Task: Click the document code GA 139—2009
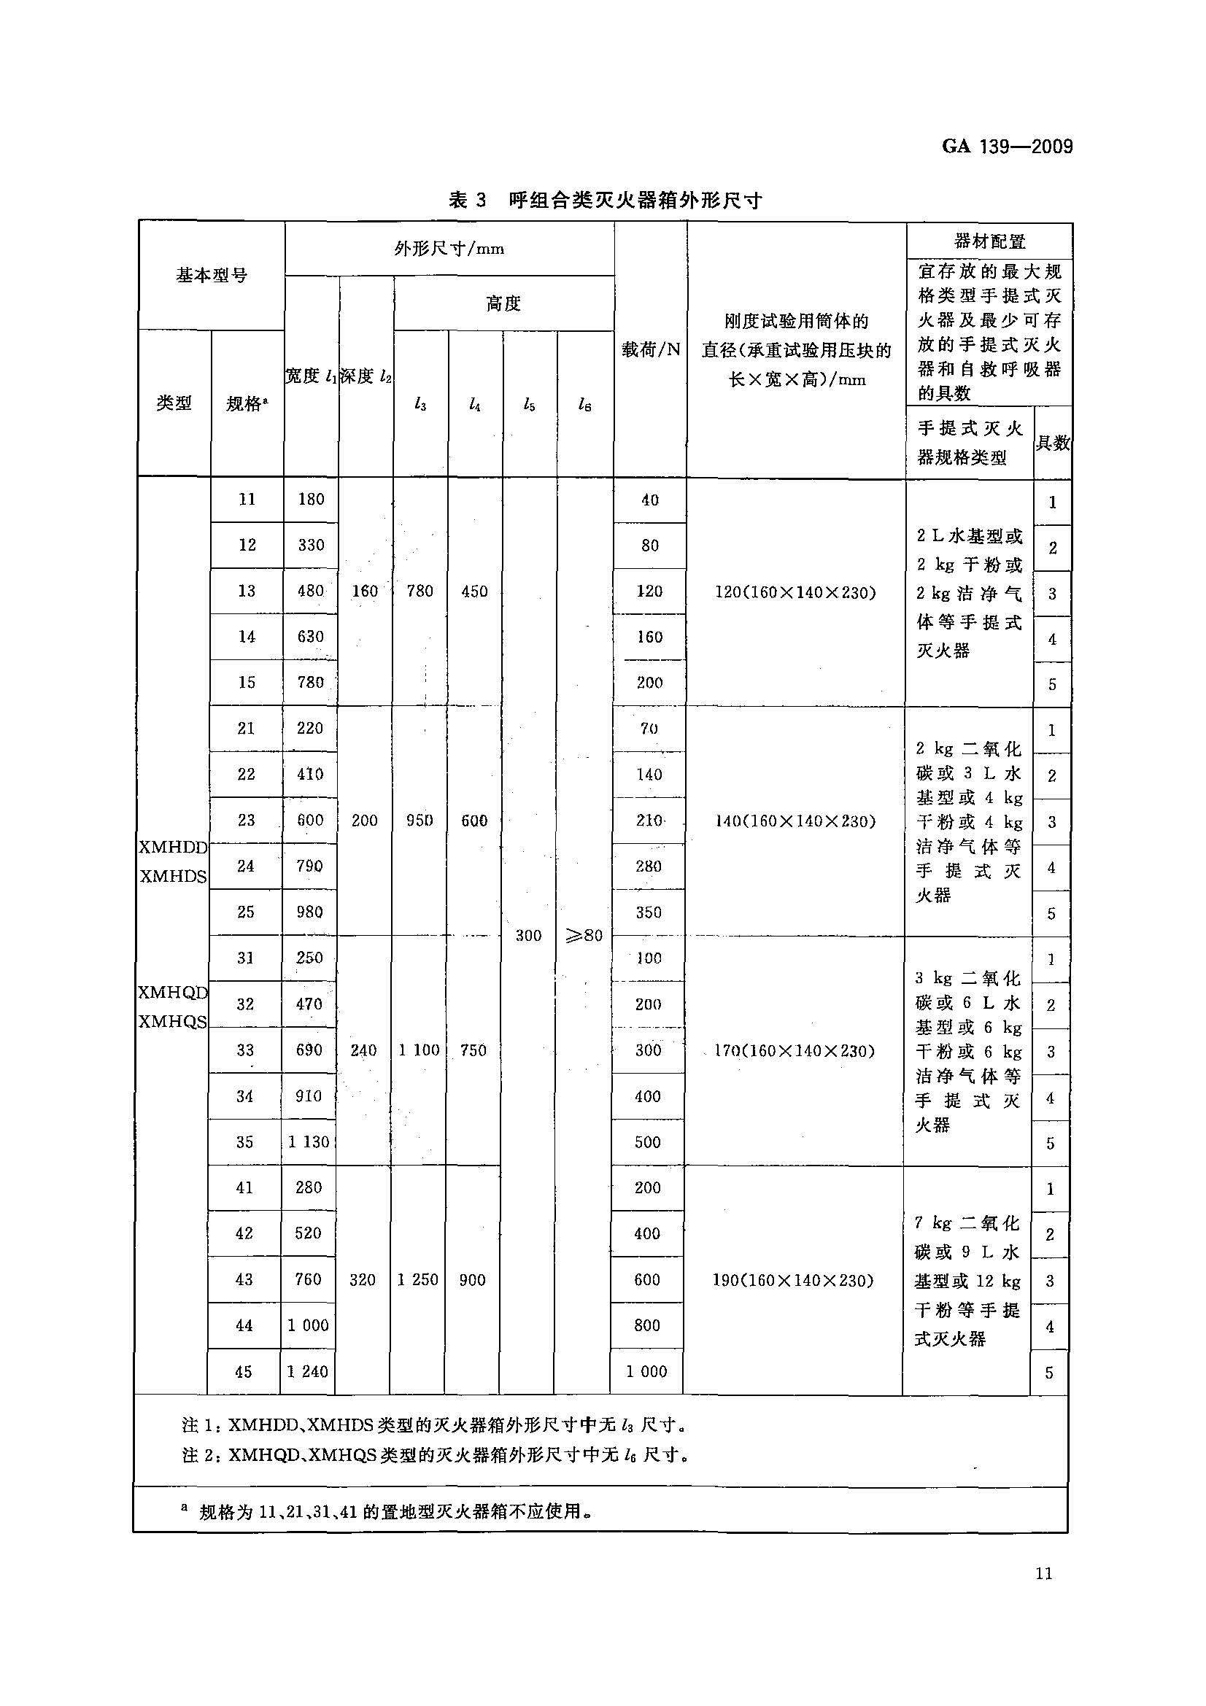tap(1007, 147)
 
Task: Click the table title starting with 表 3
tap(605, 200)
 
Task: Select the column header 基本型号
tap(212, 276)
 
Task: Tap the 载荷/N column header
tap(651, 349)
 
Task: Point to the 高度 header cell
tap(504, 303)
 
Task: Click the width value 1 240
tap(308, 1372)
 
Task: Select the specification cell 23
tap(246, 821)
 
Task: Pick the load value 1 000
tap(646, 1372)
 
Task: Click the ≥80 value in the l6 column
tap(584, 937)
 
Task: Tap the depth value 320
tap(363, 1279)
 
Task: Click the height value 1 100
tap(417, 1050)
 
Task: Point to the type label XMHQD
tap(173, 993)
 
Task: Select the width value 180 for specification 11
tap(311, 500)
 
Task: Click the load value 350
tap(649, 912)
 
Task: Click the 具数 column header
tap(1052, 443)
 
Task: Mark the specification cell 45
tap(244, 1372)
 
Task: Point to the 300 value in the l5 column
tap(528, 937)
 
